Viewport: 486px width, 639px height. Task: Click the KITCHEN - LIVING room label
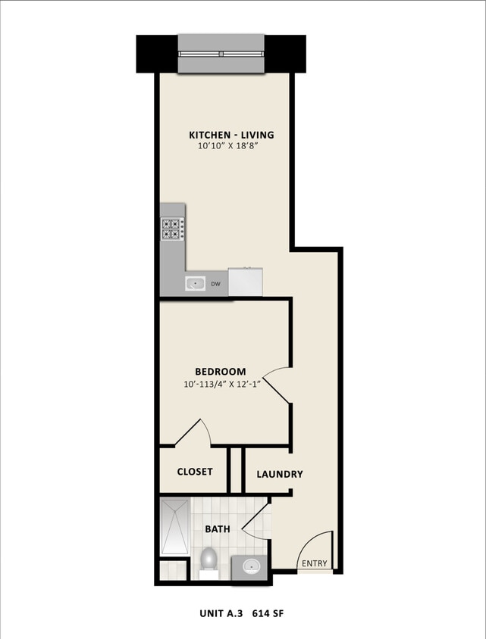(x=231, y=135)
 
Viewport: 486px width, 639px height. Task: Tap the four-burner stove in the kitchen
(x=172, y=229)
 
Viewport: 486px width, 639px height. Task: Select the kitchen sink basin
(x=196, y=284)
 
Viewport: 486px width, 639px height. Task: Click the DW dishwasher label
(x=216, y=285)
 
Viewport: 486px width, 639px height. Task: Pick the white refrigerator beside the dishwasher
(x=245, y=282)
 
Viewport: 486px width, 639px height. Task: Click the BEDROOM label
(x=221, y=371)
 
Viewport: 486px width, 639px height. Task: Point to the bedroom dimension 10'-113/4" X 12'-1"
(x=221, y=385)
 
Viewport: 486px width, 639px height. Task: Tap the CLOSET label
(x=195, y=472)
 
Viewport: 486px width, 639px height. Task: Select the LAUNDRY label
(x=280, y=475)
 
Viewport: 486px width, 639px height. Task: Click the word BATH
(x=218, y=529)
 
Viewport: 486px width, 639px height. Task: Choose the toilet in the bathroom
(x=208, y=560)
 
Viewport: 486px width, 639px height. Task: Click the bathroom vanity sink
(x=249, y=565)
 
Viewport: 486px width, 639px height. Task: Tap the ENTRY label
(x=315, y=563)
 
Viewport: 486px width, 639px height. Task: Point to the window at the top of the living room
(x=221, y=55)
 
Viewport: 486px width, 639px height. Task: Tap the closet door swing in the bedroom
(x=196, y=433)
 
